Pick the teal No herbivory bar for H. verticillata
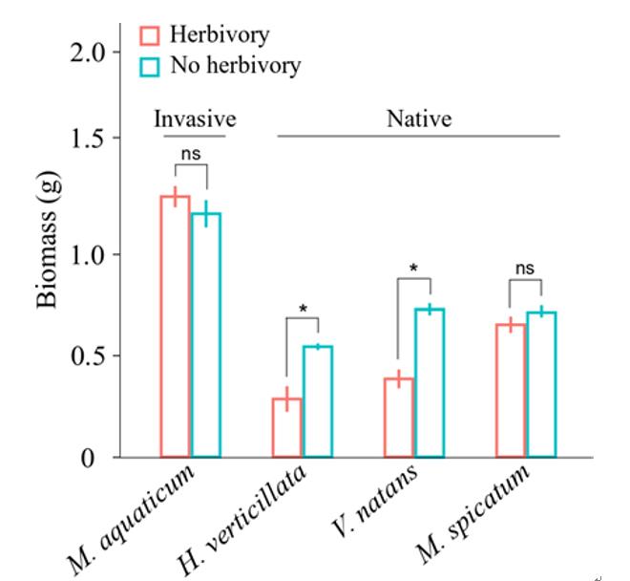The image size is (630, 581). click(317, 402)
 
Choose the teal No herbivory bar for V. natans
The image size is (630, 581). click(429, 383)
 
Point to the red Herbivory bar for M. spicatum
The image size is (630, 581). click(510, 391)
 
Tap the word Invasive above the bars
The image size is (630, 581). click(195, 120)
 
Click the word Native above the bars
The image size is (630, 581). click(418, 120)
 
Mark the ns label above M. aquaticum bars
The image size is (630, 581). click(190, 151)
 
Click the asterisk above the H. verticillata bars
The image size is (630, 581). click(302, 309)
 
